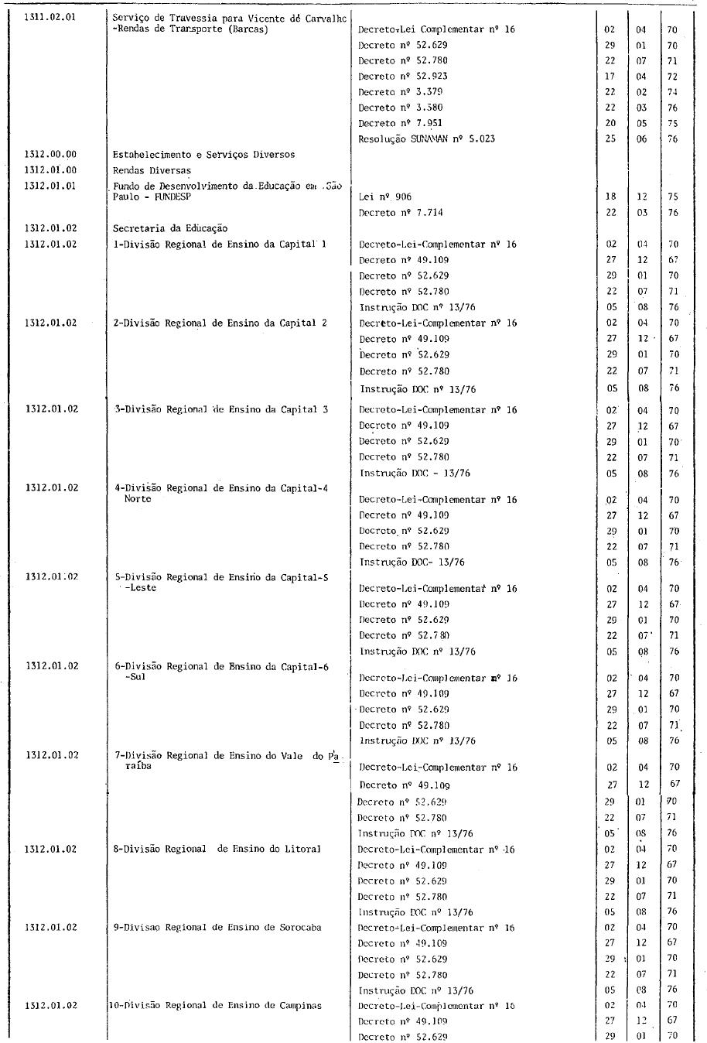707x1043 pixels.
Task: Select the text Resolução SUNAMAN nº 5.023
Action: pyautogui.click(x=426, y=139)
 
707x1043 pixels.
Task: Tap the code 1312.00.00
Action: pyautogui.click(x=50, y=155)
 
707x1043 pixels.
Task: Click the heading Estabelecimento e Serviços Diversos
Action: pyautogui.click(x=203, y=155)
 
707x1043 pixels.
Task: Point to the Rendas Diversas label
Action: pyautogui.click(x=152, y=170)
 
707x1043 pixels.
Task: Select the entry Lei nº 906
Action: pyautogui.click(x=385, y=197)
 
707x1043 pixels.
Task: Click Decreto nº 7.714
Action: pyautogui.click(x=401, y=213)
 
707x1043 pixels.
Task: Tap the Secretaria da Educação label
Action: pyautogui.click(x=170, y=228)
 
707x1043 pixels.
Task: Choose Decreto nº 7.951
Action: pyautogui.click(x=401, y=123)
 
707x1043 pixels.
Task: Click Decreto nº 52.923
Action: pyautogui.click(x=403, y=76)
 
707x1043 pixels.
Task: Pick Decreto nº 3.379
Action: pyautogui.click(x=401, y=91)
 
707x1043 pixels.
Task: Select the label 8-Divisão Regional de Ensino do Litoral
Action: pyautogui.click(x=217, y=849)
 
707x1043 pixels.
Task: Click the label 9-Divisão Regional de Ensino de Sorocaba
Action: pyautogui.click(x=217, y=927)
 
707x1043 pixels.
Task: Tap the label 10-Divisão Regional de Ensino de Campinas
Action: pyautogui.click(x=216, y=1005)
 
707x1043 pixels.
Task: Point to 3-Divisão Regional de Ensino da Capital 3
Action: pyautogui.click(x=220, y=409)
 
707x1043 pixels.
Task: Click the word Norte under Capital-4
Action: pyautogui.click(x=138, y=499)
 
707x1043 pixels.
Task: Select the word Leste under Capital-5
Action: pyautogui.click(x=142, y=588)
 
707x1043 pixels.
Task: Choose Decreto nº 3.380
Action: pyautogui.click(x=401, y=108)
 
